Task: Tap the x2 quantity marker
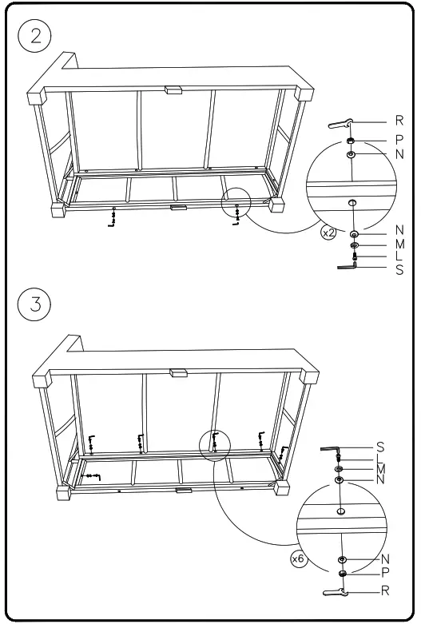(x=328, y=233)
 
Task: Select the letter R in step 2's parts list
(x=399, y=123)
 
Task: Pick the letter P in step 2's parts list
(x=399, y=138)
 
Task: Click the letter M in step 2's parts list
(x=399, y=244)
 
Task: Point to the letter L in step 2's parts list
(x=399, y=256)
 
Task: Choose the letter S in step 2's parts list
(x=399, y=270)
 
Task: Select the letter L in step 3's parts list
(x=380, y=459)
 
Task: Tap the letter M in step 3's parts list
(x=380, y=469)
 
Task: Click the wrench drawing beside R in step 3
(x=335, y=591)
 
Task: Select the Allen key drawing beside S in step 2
(x=348, y=269)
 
